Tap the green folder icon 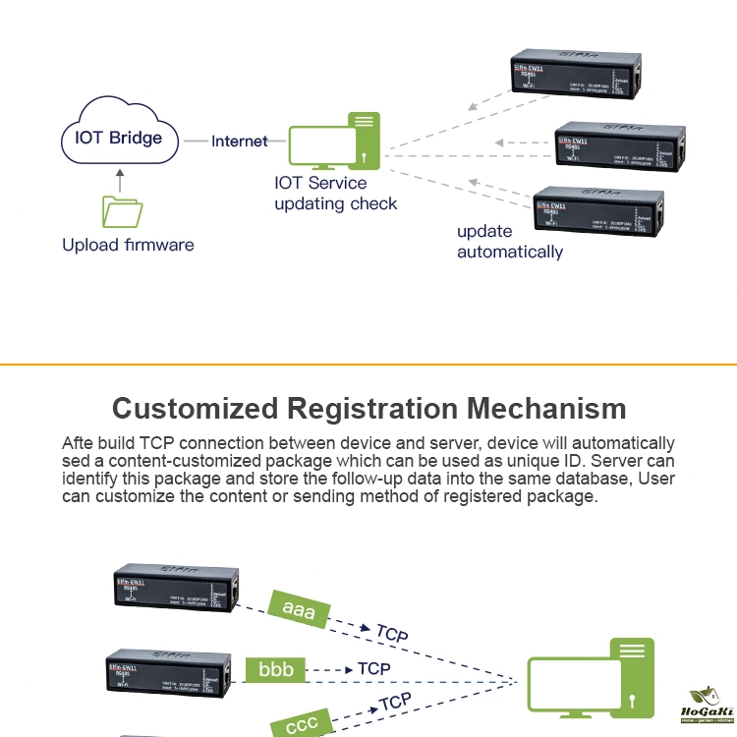(122, 212)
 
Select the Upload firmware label (128, 245)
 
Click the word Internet (239, 142)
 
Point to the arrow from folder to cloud (121, 181)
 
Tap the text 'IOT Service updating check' (335, 194)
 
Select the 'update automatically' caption (509, 242)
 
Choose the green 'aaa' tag (299, 610)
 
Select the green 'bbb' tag (275, 670)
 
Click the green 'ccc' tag (302, 725)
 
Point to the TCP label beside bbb (374, 669)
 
